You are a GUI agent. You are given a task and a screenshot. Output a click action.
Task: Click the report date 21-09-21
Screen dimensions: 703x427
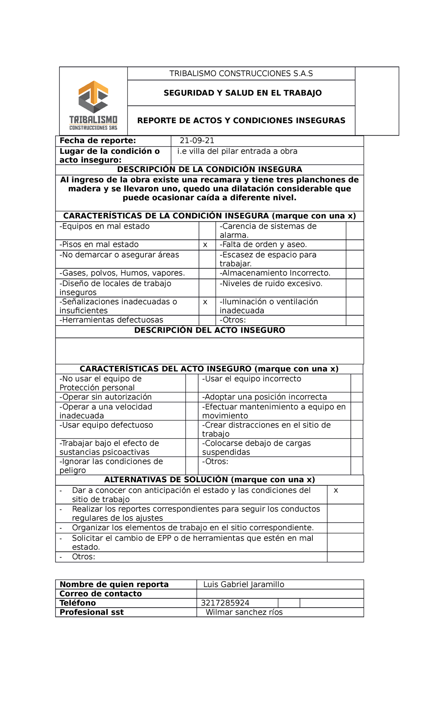[x=197, y=141]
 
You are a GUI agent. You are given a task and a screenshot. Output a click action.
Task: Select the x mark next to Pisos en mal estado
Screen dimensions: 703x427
[x=205, y=245]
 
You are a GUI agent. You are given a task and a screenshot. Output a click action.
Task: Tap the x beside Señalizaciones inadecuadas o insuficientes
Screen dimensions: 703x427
[x=205, y=302]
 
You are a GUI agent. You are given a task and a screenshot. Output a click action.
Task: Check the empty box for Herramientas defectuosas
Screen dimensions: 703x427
[x=207, y=320]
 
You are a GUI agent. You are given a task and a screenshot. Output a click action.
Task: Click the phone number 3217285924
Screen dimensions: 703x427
[x=225, y=603]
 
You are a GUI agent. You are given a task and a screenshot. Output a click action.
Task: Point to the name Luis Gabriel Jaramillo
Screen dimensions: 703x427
[x=244, y=584]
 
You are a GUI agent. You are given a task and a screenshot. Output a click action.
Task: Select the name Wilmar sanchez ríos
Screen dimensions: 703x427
[x=244, y=612]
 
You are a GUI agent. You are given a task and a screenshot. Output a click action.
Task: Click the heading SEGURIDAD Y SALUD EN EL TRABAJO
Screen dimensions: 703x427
[x=242, y=93]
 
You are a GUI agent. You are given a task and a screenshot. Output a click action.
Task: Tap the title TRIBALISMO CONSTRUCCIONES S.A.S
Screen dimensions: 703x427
[x=241, y=74]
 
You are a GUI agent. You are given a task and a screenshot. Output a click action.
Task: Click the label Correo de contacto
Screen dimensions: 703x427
[x=101, y=593]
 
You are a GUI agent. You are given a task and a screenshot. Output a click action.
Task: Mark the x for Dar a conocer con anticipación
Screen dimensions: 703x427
[x=336, y=491]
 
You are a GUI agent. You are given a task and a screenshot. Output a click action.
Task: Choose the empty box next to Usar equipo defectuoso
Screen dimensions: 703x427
[x=192, y=429]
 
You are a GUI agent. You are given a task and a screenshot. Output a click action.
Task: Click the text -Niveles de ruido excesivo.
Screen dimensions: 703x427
[x=271, y=284]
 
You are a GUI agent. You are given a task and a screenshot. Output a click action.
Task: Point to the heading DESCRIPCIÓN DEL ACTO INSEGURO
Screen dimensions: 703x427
[x=210, y=330]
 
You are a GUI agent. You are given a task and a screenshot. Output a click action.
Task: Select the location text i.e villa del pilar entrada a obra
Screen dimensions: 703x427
[x=237, y=151]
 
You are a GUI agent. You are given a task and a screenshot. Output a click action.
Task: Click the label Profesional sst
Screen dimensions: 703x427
[x=91, y=612]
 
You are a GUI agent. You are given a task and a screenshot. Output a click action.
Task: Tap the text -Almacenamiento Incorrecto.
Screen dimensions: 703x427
[x=275, y=273]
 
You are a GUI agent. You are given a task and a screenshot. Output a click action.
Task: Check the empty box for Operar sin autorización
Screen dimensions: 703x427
[x=192, y=397]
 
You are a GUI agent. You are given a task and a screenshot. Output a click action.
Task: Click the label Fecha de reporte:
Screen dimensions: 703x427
[x=97, y=141]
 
